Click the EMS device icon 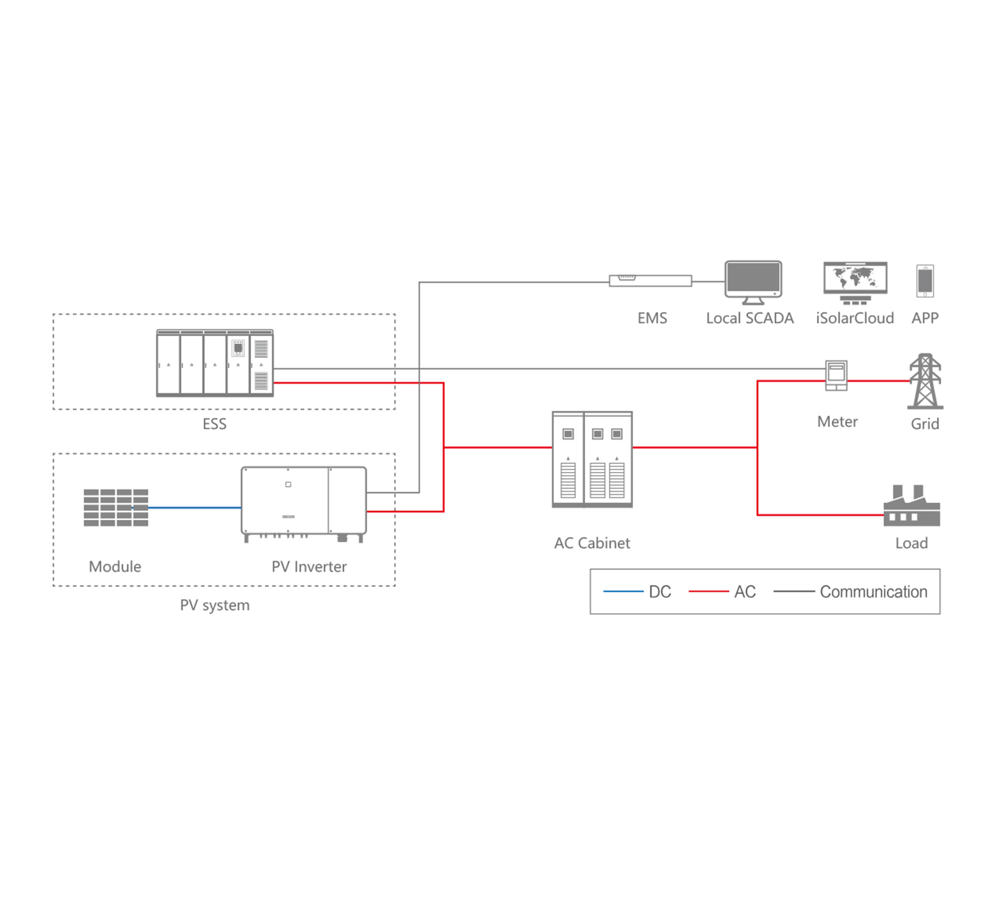coord(650,280)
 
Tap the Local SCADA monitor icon coord(753,279)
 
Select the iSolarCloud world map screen coord(855,278)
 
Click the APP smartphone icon coord(925,280)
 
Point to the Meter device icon coord(836,375)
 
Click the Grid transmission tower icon coord(925,381)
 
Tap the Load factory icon coord(911,508)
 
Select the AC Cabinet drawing coord(592,459)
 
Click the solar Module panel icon coord(115,507)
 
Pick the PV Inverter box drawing coord(303,501)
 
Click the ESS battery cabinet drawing coord(214,363)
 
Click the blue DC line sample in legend coord(623,592)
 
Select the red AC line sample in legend coord(708,592)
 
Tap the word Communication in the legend coord(873,592)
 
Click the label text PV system coord(214,605)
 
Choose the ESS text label coord(214,424)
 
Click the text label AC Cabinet coord(592,543)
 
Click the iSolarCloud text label coord(854,318)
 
